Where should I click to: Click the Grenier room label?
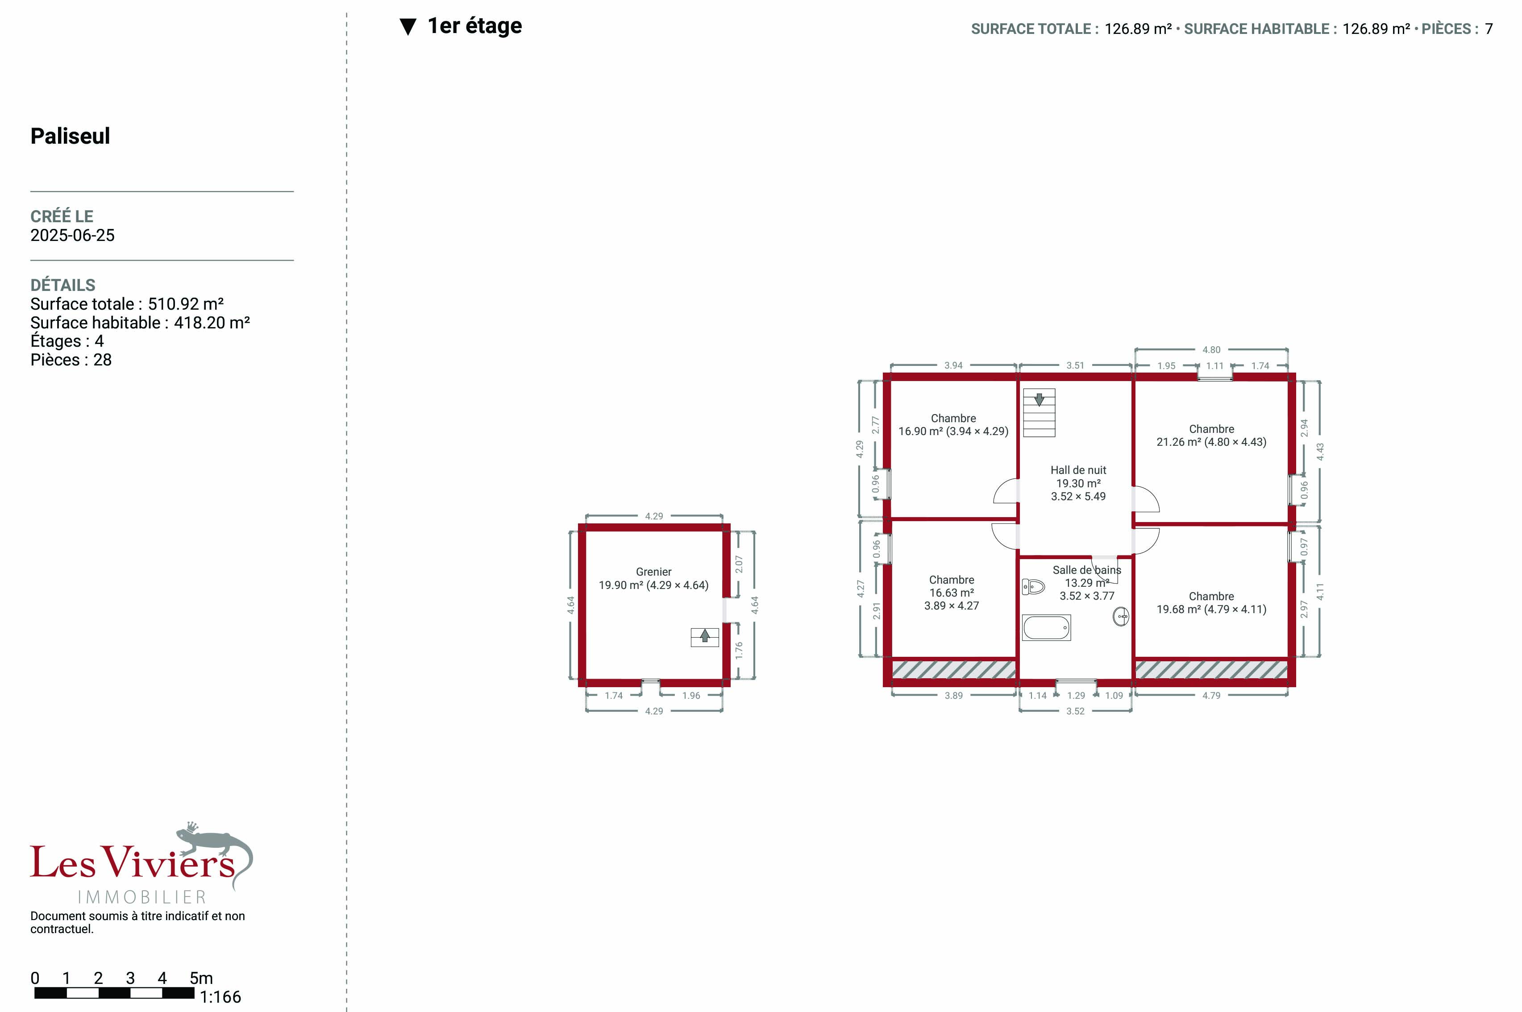(653, 572)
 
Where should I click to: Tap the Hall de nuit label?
(1078, 470)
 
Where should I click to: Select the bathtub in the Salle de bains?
(1046, 627)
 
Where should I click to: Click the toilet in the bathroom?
(1033, 587)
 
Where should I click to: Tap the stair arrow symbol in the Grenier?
(705, 637)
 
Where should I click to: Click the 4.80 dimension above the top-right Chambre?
(1211, 350)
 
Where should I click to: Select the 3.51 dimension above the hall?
(1075, 365)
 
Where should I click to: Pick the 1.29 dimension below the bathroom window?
(1076, 695)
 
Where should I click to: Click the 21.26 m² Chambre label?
(1211, 435)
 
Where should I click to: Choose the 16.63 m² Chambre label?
(952, 593)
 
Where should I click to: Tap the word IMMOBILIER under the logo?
(142, 897)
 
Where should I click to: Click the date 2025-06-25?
(72, 236)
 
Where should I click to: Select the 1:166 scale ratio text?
(220, 997)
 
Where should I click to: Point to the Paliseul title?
(71, 136)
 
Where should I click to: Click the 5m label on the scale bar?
(201, 979)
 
